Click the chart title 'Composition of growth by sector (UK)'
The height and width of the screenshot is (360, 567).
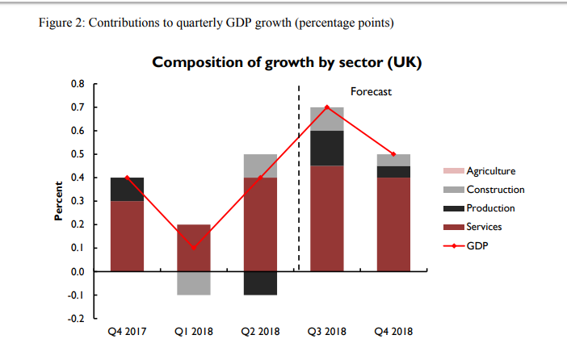[x=287, y=62]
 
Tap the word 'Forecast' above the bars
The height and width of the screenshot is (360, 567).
[x=371, y=92]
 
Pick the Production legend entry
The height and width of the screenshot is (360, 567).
[x=490, y=208]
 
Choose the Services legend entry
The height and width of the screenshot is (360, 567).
[x=485, y=227]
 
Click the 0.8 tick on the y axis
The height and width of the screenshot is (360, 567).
[x=78, y=84]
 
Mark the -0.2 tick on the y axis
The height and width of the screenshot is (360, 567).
[x=77, y=319]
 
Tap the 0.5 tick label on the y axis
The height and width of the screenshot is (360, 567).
[x=78, y=154]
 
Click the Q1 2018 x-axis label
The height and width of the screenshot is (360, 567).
[x=194, y=331]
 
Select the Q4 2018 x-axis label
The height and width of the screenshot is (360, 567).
[x=393, y=331]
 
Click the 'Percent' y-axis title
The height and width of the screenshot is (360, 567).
[x=58, y=201]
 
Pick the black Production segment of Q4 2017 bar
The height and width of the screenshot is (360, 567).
[x=127, y=189]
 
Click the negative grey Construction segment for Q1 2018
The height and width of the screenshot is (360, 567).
[x=194, y=283]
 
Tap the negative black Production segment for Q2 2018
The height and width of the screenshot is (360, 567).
[x=260, y=283]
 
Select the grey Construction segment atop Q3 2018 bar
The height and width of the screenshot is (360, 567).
[x=327, y=119]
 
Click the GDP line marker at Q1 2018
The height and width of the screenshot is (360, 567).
[x=194, y=248]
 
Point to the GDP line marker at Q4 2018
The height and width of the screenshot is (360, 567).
[x=393, y=154]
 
